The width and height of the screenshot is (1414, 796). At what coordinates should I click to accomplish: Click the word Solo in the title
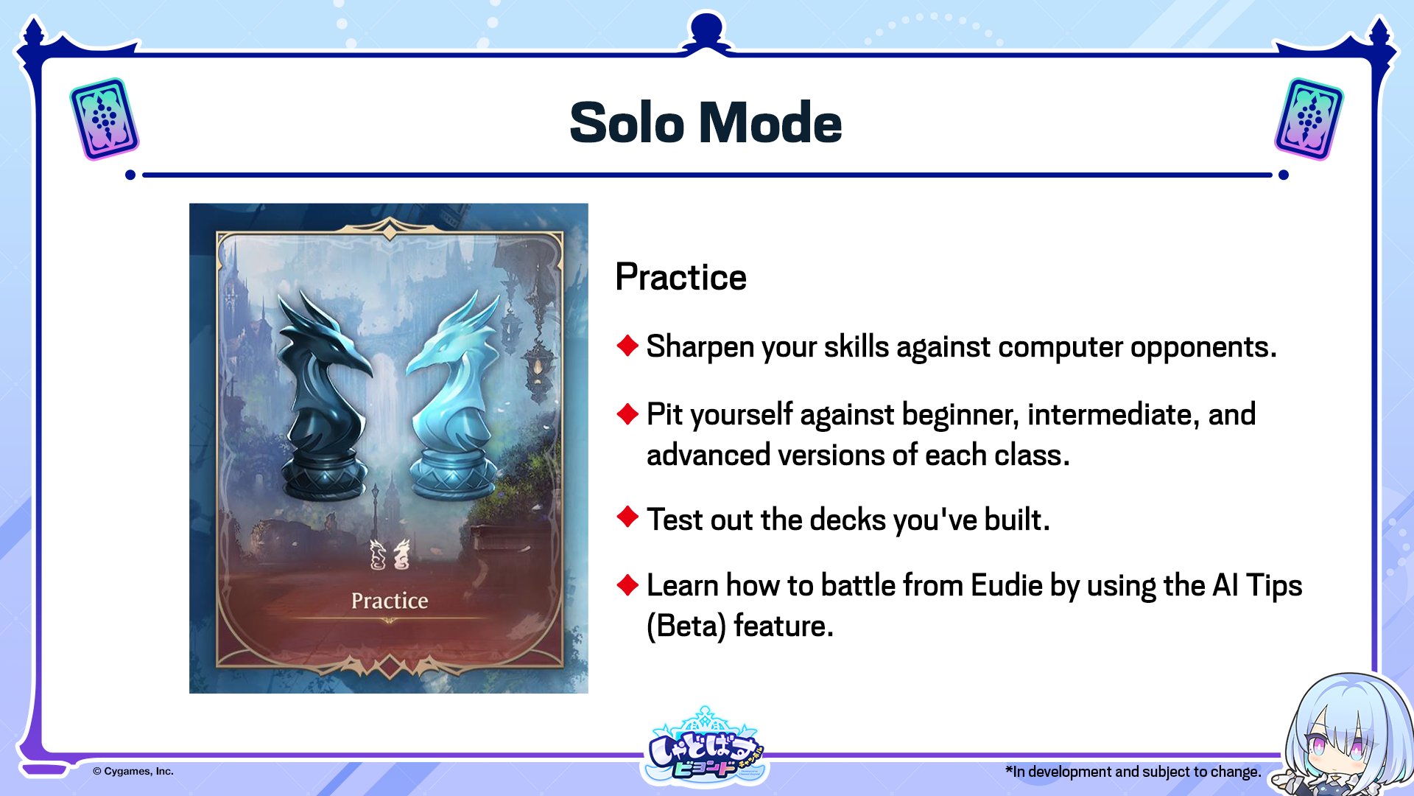click(627, 122)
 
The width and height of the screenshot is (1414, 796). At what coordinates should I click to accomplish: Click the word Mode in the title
click(770, 122)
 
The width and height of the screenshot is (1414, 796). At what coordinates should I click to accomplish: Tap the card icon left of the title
click(105, 119)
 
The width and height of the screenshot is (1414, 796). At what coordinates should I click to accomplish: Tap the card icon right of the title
click(1309, 119)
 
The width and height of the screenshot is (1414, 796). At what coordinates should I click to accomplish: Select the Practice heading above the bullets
click(680, 277)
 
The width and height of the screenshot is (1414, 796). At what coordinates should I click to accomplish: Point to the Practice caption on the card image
click(390, 601)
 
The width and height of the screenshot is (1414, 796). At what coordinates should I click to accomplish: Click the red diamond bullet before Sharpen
click(627, 345)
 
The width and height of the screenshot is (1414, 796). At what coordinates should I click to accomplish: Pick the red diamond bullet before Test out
click(627, 517)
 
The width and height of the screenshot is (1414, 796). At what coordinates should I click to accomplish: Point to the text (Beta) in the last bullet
click(686, 626)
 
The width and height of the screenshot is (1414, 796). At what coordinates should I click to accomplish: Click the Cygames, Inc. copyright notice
click(133, 771)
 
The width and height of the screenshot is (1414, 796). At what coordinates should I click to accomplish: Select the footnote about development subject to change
click(1133, 772)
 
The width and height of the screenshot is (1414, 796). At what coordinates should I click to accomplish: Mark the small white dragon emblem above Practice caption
click(389, 554)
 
